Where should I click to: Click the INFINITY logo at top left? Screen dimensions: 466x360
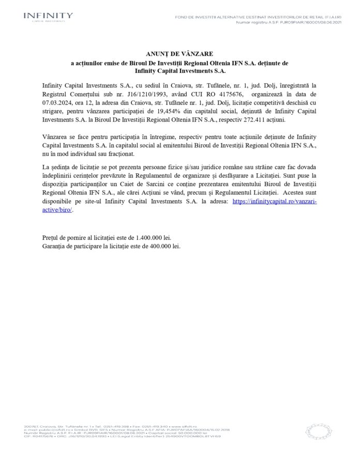click(x=48, y=18)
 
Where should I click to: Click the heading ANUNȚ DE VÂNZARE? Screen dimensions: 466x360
click(x=179, y=53)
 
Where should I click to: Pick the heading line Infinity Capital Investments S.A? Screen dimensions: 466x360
click(x=179, y=70)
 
